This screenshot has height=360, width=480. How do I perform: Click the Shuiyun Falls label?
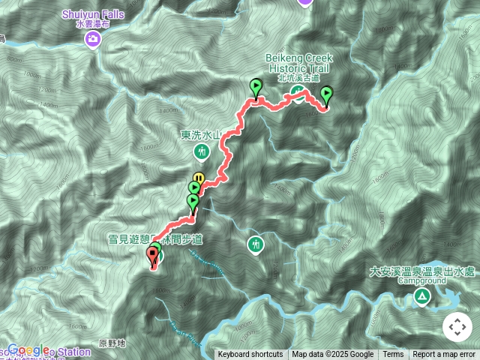pyautogui.click(x=93, y=13)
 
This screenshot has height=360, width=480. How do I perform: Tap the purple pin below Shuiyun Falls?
pyautogui.click(x=93, y=39)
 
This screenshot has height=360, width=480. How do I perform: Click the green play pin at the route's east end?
pyautogui.click(x=326, y=94)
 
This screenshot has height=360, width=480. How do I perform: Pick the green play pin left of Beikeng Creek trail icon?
pyautogui.click(x=256, y=86)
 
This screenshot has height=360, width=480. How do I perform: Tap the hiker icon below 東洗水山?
pyautogui.click(x=201, y=152)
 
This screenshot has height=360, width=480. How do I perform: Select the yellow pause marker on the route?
pyautogui.click(x=199, y=178)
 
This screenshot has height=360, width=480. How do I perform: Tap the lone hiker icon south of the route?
pyautogui.click(x=256, y=244)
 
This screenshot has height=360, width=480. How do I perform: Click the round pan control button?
pyautogui.click(x=457, y=327)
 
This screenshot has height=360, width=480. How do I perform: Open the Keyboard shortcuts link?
pyautogui.click(x=250, y=355)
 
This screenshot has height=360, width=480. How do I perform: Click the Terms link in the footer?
pyautogui.click(x=393, y=355)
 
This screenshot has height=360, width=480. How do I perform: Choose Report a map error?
pyautogui.click(x=445, y=355)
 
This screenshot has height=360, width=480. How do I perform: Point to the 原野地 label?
pyautogui.click(x=112, y=343)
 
